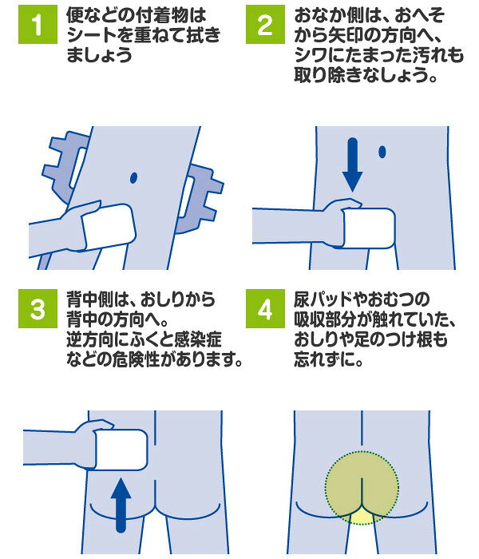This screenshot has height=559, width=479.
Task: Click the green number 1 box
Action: [38, 24]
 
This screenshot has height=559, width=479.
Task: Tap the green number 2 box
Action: [265, 24]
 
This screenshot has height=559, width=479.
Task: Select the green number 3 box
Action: [38, 308]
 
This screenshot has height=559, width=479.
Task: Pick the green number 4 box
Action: [265, 308]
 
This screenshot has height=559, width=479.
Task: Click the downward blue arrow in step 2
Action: [353, 165]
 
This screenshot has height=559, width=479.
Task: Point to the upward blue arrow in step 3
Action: [121, 505]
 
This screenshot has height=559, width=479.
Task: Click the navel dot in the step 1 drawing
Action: [133, 177]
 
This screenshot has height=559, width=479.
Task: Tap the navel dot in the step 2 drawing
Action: [382, 152]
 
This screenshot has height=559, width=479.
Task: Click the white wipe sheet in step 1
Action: [109, 227]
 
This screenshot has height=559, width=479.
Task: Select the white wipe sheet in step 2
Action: [369, 228]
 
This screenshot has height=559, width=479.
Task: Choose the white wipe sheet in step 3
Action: [121, 450]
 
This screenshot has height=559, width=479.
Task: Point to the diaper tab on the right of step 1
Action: [200, 199]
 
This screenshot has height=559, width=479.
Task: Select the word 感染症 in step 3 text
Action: [198, 339]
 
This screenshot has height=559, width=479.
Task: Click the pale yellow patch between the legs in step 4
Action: [362, 517]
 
